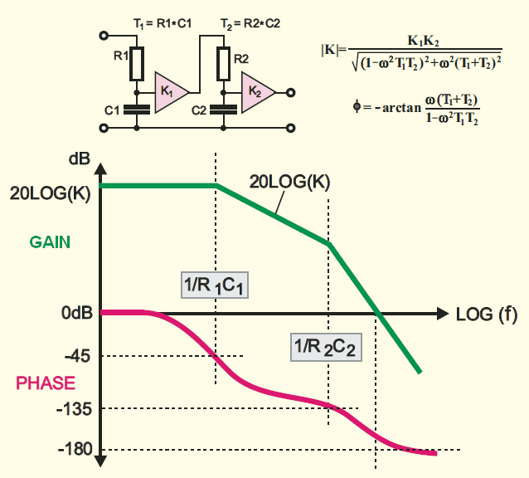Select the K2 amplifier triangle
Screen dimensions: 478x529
click(256, 89)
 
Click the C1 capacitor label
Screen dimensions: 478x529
click(114, 110)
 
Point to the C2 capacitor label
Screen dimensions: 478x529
click(200, 110)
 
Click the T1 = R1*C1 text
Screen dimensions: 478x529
click(163, 25)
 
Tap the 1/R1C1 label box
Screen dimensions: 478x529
click(216, 285)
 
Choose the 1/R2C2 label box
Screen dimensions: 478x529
click(326, 347)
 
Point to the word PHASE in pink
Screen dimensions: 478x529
click(46, 383)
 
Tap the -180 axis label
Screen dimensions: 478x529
click(71, 451)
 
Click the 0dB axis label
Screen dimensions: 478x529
click(72, 313)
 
